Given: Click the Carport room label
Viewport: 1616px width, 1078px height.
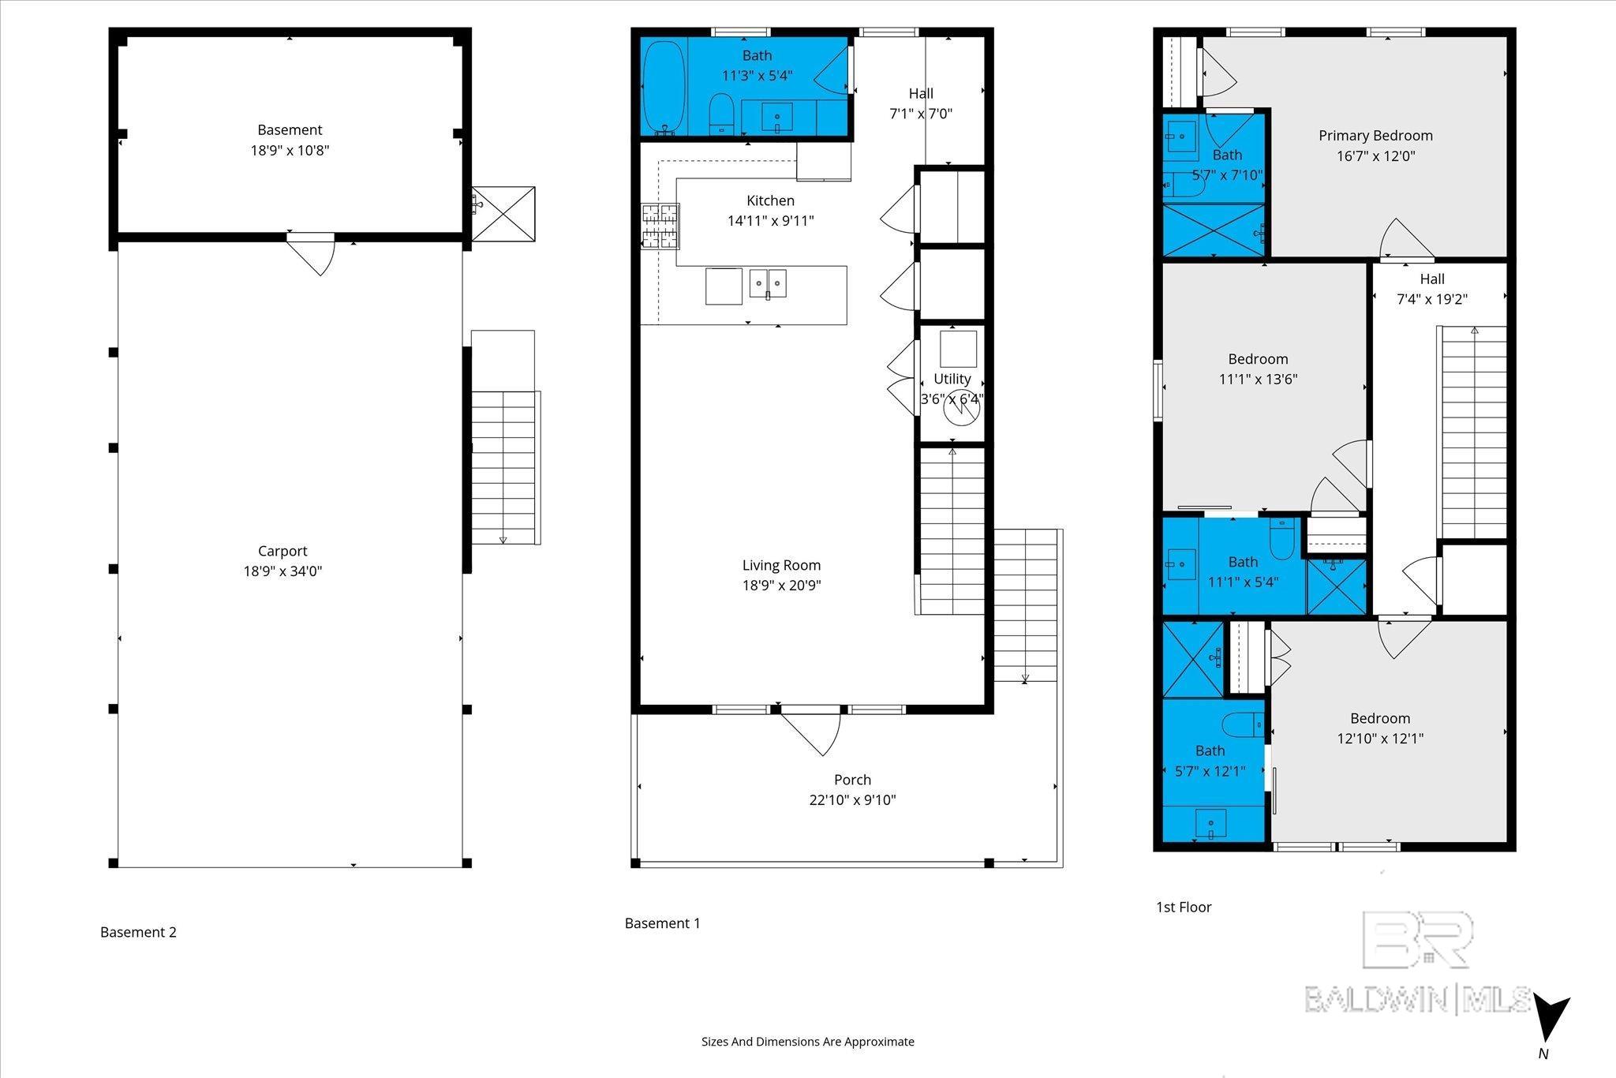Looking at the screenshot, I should [x=282, y=551].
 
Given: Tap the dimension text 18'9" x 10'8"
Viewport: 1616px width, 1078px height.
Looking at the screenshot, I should [x=290, y=150].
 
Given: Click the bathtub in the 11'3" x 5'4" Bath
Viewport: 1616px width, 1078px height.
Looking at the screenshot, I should [x=664, y=87].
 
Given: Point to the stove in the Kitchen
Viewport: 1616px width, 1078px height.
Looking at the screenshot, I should [x=660, y=226].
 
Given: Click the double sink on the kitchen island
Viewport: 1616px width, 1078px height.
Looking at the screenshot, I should [x=768, y=283].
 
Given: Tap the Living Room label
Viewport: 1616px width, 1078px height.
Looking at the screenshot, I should [x=781, y=565].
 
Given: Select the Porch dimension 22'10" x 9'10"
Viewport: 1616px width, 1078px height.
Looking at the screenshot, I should [x=852, y=800].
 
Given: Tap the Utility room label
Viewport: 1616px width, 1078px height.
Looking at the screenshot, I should [x=952, y=379].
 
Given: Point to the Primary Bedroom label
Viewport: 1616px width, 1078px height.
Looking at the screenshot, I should [x=1375, y=136].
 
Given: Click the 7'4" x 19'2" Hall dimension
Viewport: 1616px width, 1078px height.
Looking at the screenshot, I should [x=1432, y=299].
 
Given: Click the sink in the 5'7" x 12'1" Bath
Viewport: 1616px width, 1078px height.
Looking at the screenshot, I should [x=1210, y=825].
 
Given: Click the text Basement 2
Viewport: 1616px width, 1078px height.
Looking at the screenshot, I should [x=138, y=932].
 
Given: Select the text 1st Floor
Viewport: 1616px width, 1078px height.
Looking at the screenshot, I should [x=1184, y=908].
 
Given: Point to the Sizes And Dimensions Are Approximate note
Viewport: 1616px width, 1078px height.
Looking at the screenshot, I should [x=807, y=1042].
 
